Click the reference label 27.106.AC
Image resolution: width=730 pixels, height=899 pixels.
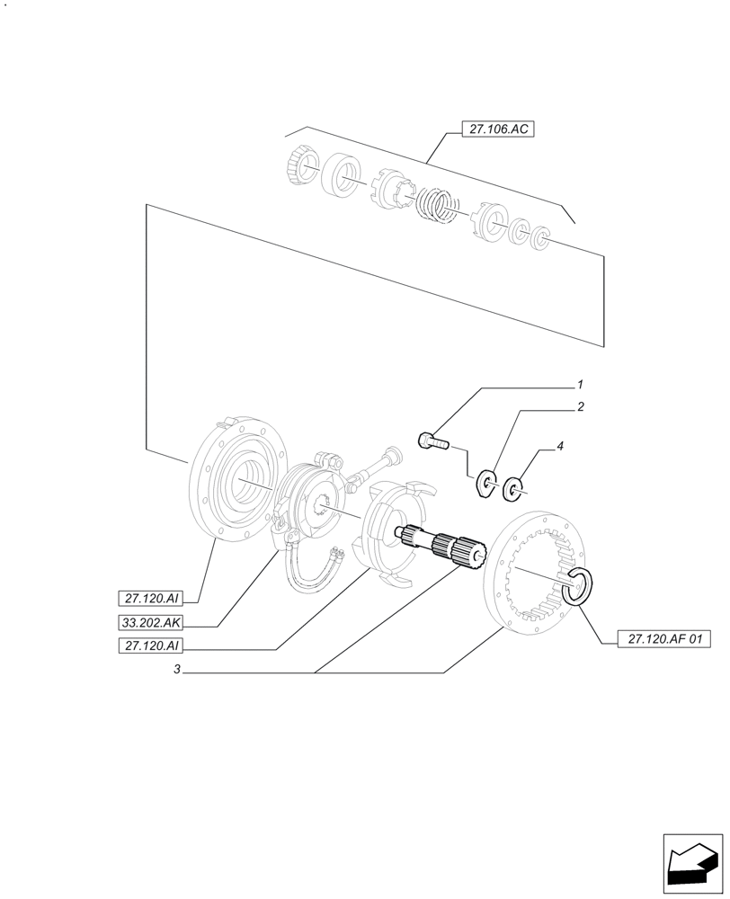(497, 129)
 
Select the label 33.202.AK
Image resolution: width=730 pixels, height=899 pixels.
(150, 621)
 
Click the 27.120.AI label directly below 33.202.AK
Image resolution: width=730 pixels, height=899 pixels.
(150, 645)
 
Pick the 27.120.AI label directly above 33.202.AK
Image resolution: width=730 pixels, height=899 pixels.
(150, 598)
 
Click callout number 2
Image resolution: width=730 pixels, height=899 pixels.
(581, 406)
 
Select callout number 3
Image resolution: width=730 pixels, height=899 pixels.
(178, 670)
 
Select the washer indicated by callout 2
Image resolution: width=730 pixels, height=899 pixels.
(488, 481)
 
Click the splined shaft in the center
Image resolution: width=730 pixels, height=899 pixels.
(441, 544)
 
